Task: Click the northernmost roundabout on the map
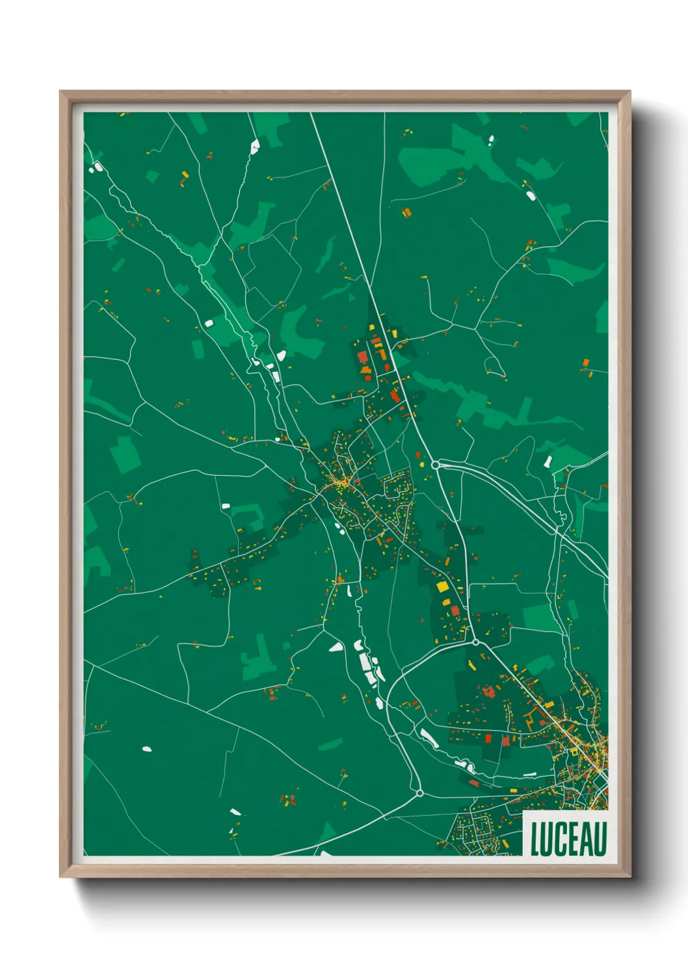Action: (435, 465)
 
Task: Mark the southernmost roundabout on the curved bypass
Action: (419, 793)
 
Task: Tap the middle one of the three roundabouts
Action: (475, 642)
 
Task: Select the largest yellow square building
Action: (442, 587)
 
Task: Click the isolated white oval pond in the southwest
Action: (147, 749)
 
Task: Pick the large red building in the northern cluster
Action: (362, 357)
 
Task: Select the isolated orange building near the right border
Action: (585, 363)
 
